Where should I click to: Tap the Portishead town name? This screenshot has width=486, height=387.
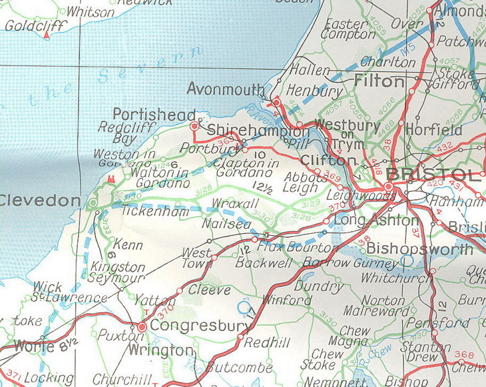154,114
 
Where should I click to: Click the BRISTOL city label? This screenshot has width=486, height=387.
433,175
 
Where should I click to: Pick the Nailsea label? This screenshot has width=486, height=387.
227,225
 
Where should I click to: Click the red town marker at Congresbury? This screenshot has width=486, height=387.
142,327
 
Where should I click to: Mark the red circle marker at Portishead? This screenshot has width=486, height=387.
194,125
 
